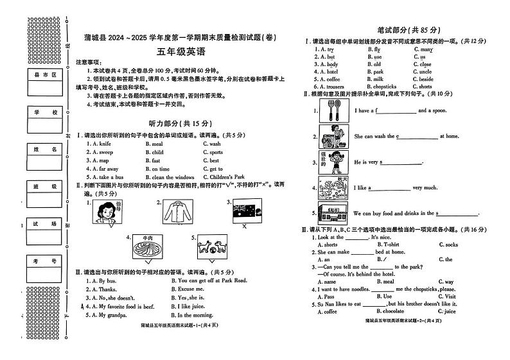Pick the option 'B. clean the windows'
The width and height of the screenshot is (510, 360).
173,176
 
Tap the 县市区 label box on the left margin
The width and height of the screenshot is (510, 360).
46,76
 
